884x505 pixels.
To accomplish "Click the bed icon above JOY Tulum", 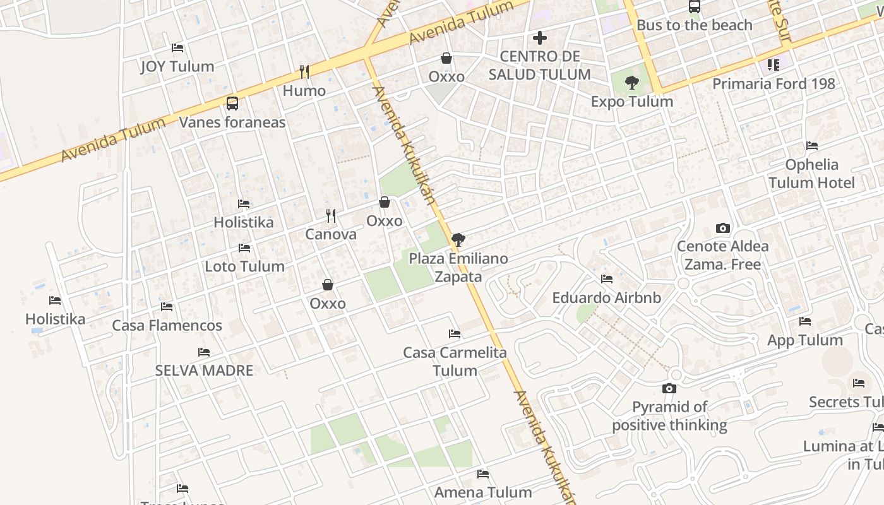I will pyautogui.click(x=177, y=48).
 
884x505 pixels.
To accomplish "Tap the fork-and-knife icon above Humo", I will pyautogui.click(x=304, y=72).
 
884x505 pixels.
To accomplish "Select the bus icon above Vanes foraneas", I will pyautogui.click(x=232, y=104).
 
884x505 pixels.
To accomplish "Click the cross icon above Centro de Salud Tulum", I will pyautogui.click(x=539, y=38).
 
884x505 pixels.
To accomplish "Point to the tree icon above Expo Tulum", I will pyautogui.click(x=631, y=83).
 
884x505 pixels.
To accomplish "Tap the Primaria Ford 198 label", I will pyautogui.click(x=773, y=83).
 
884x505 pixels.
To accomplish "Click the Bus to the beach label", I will pyautogui.click(x=694, y=25).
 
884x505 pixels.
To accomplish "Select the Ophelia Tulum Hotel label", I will pyautogui.click(x=811, y=174).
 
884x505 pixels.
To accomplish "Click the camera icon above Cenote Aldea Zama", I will pyautogui.click(x=723, y=228).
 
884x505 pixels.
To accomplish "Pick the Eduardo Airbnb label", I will pyautogui.click(x=606, y=297).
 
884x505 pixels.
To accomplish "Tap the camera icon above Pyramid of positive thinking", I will pyautogui.click(x=669, y=388).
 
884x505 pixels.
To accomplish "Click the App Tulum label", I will pyautogui.click(x=804, y=340).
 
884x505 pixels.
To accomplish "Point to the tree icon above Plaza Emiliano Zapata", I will pyautogui.click(x=458, y=240).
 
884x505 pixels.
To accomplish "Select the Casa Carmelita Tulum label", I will pyautogui.click(x=455, y=361).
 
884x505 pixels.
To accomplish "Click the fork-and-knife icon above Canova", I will pyautogui.click(x=331, y=216).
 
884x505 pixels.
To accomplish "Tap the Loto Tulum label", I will pyautogui.click(x=244, y=266).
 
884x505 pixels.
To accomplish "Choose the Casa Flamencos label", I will pyautogui.click(x=167, y=326).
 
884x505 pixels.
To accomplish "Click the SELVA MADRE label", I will pyautogui.click(x=204, y=371).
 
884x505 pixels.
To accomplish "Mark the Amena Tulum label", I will pyautogui.click(x=483, y=492).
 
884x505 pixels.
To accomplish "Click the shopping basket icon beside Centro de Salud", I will pyautogui.click(x=446, y=59).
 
